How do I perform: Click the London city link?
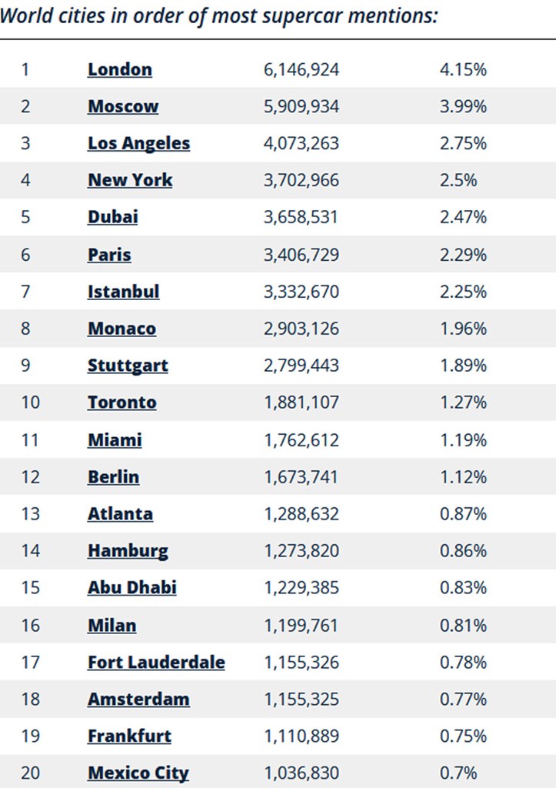click(x=119, y=69)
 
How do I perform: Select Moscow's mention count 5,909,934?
click(x=301, y=106)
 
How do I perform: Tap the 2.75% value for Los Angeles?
click(x=463, y=143)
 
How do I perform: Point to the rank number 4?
click(x=25, y=180)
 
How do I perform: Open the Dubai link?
click(x=112, y=217)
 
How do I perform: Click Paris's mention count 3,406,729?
click(x=301, y=255)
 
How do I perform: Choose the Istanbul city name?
click(x=123, y=292)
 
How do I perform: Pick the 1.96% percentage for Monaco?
click(x=463, y=329)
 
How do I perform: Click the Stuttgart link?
click(x=128, y=366)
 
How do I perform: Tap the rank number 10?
click(x=30, y=402)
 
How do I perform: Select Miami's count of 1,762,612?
click(x=301, y=439)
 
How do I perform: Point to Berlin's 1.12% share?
click(x=463, y=477)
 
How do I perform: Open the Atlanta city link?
click(x=120, y=514)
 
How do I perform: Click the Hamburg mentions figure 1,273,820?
click(x=301, y=551)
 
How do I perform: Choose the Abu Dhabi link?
click(x=132, y=588)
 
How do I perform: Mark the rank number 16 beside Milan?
click(x=30, y=625)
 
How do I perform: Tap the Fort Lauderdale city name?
click(x=156, y=662)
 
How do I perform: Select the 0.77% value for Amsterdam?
click(x=463, y=699)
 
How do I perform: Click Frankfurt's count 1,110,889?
click(x=301, y=736)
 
